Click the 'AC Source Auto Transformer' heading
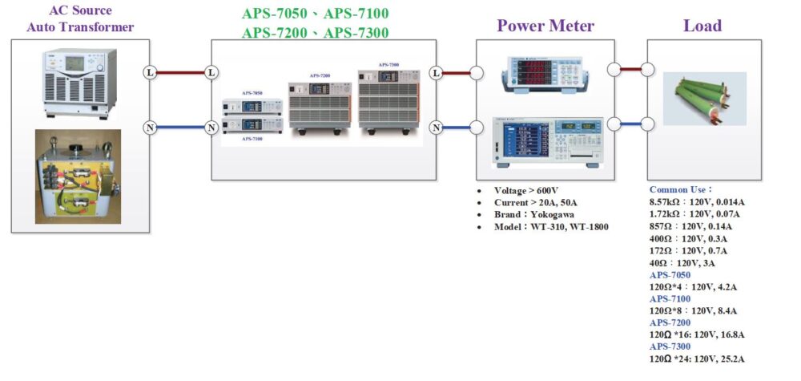(x=80, y=19)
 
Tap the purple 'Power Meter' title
(x=545, y=26)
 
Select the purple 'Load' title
(x=702, y=26)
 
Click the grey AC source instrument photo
(x=80, y=83)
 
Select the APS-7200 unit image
(x=320, y=105)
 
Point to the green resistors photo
(x=704, y=98)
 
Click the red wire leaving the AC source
(x=180, y=72)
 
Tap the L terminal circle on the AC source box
(x=149, y=72)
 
